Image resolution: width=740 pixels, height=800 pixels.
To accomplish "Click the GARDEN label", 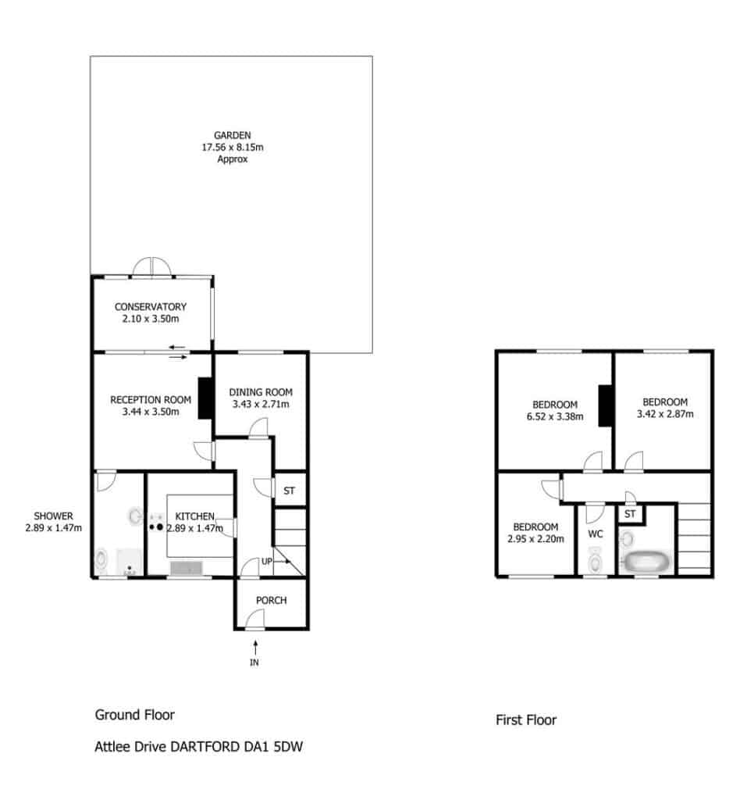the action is coord(233,135).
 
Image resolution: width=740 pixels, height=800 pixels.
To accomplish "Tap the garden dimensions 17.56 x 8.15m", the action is coord(233,147).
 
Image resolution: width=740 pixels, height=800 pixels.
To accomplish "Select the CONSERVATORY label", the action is coord(151,306).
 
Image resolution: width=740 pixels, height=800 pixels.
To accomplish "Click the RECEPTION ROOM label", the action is coord(151,399).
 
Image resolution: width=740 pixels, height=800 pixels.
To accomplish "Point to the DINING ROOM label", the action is coord(261,392).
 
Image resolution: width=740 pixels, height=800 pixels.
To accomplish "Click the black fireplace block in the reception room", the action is coord(205,398).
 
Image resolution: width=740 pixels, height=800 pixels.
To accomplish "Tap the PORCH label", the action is coord(271,600).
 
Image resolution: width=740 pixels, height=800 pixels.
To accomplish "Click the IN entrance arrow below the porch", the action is coord(254,648).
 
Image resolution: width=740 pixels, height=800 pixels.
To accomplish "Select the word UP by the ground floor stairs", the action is coord(267,561).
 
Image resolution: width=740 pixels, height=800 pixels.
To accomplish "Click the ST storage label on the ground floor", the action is coord(289,491).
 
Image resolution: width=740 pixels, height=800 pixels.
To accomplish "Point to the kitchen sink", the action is coord(186,568).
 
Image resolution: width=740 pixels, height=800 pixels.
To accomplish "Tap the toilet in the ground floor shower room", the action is coord(101,559).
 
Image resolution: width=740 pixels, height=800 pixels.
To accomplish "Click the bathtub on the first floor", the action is coord(646,562).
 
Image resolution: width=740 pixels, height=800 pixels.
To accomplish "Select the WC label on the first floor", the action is coord(596,534).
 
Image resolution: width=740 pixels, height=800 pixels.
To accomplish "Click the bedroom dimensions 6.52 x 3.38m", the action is coord(555,416).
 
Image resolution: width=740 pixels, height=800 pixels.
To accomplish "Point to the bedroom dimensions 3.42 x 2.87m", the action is coord(665,414).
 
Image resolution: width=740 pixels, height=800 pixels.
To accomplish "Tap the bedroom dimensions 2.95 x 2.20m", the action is coord(535,539).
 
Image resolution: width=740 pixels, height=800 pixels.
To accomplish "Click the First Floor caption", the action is coord(526,720).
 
